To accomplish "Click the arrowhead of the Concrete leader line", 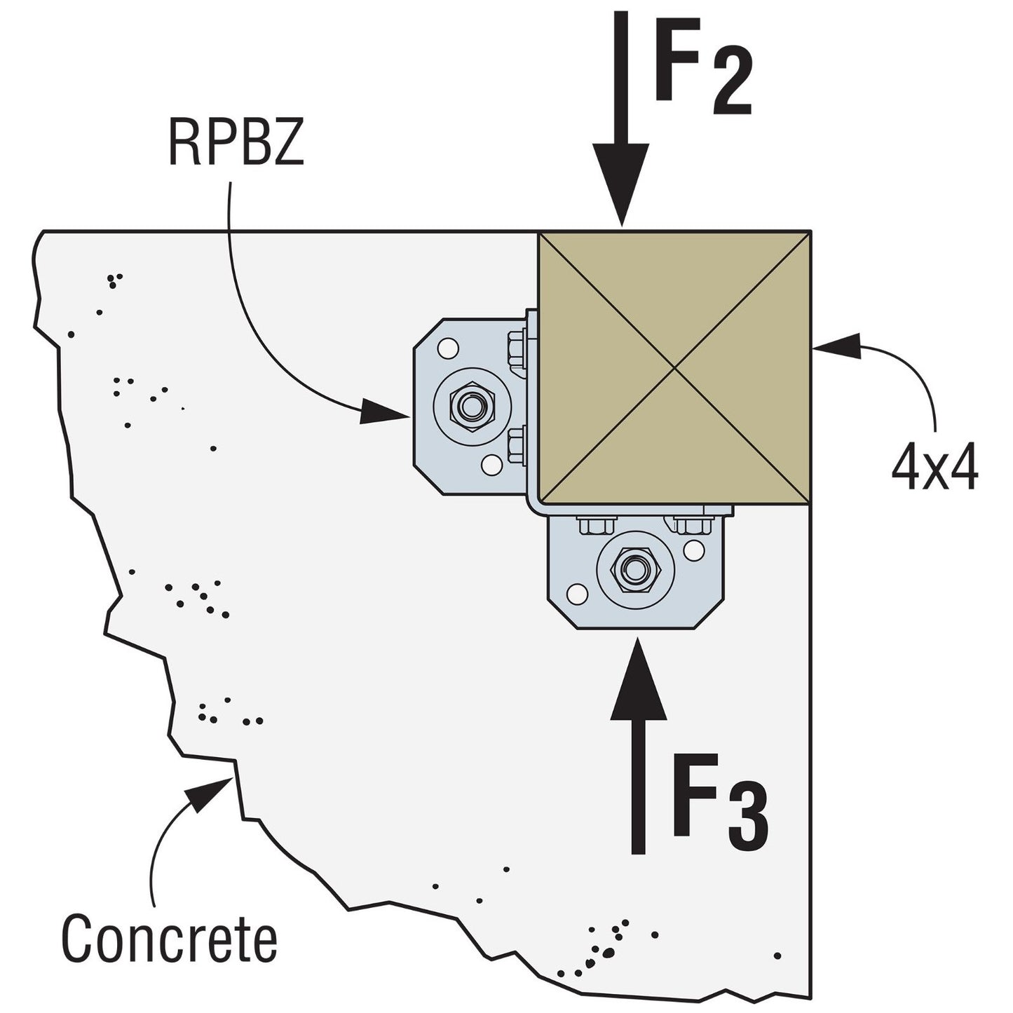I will (x=208, y=795).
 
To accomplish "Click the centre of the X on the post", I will (x=674, y=367).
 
